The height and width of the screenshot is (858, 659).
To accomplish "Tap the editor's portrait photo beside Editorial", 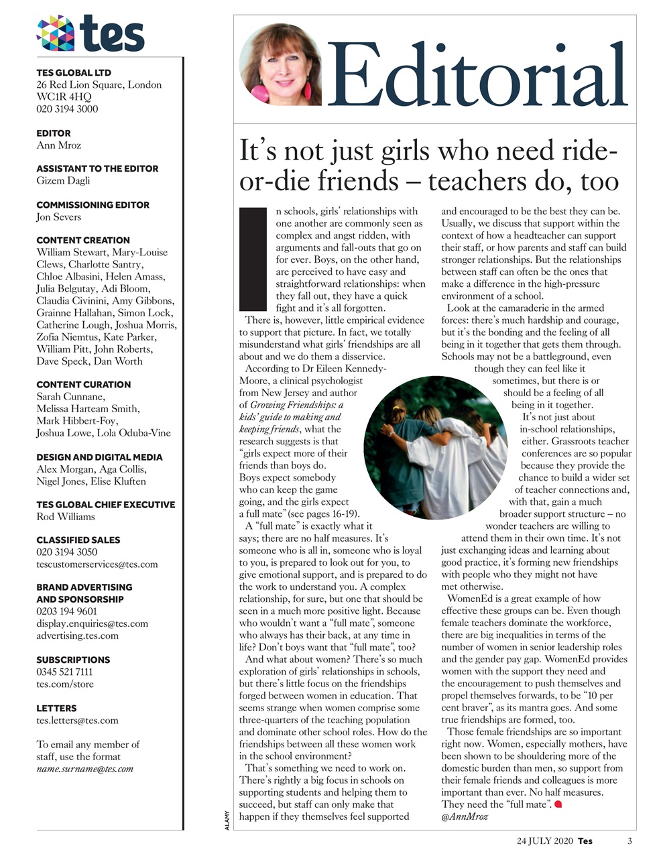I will click(x=280, y=65).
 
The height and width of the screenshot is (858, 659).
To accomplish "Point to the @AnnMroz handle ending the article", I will click(x=465, y=816).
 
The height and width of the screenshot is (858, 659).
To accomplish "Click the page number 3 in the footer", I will click(x=630, y=841).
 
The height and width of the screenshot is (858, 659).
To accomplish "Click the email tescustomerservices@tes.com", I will click(x=97, y=564).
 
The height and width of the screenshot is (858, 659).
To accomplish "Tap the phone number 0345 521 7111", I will click(x=65, y=672).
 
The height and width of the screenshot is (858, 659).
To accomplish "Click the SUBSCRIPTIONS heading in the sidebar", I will click(x=74, y=660).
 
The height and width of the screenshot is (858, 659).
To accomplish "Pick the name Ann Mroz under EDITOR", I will click(x=58, y=145).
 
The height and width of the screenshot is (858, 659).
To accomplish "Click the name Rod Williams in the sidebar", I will click(x=66, y=516).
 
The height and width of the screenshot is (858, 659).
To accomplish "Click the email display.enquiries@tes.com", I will click(x=93, y=623).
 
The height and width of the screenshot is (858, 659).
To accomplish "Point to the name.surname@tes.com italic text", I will click(x=84, y=769).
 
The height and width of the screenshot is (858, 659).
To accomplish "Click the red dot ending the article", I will click(x=557, y=804).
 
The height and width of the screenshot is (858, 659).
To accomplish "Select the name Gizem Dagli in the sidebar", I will click(x=63, y=180).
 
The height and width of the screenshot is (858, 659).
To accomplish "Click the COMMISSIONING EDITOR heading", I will click(x=93, y=204).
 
